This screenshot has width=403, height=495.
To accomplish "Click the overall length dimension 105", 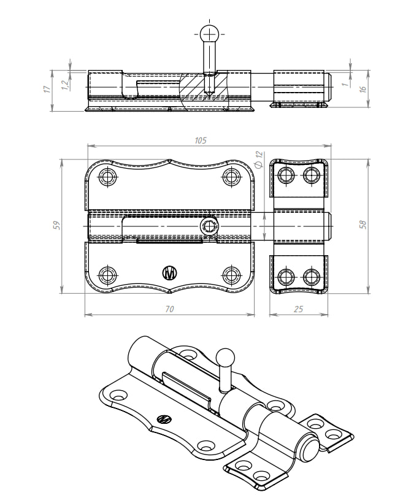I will (x=200, y=140).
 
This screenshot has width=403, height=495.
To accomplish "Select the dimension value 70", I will (x=169, y=309).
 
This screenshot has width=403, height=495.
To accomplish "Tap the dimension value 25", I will (x=298, y=309).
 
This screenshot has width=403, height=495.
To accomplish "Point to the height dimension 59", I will (x=56, y=225).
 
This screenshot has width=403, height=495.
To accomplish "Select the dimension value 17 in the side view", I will (x=47, y=90).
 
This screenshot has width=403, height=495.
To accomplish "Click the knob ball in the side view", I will (x=209, y=34).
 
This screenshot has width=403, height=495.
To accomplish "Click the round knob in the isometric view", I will (x=225, y=356).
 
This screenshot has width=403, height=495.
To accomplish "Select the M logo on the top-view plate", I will (x=169, y=272).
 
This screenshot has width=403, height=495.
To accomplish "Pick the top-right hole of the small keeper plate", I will (x=309, y=175).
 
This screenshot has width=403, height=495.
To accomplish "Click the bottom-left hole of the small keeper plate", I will (x=286, y=276).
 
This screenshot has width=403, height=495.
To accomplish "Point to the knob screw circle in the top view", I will (x=210, y=226).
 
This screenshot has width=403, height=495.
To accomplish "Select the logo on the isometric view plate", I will (x=164, y=420).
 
